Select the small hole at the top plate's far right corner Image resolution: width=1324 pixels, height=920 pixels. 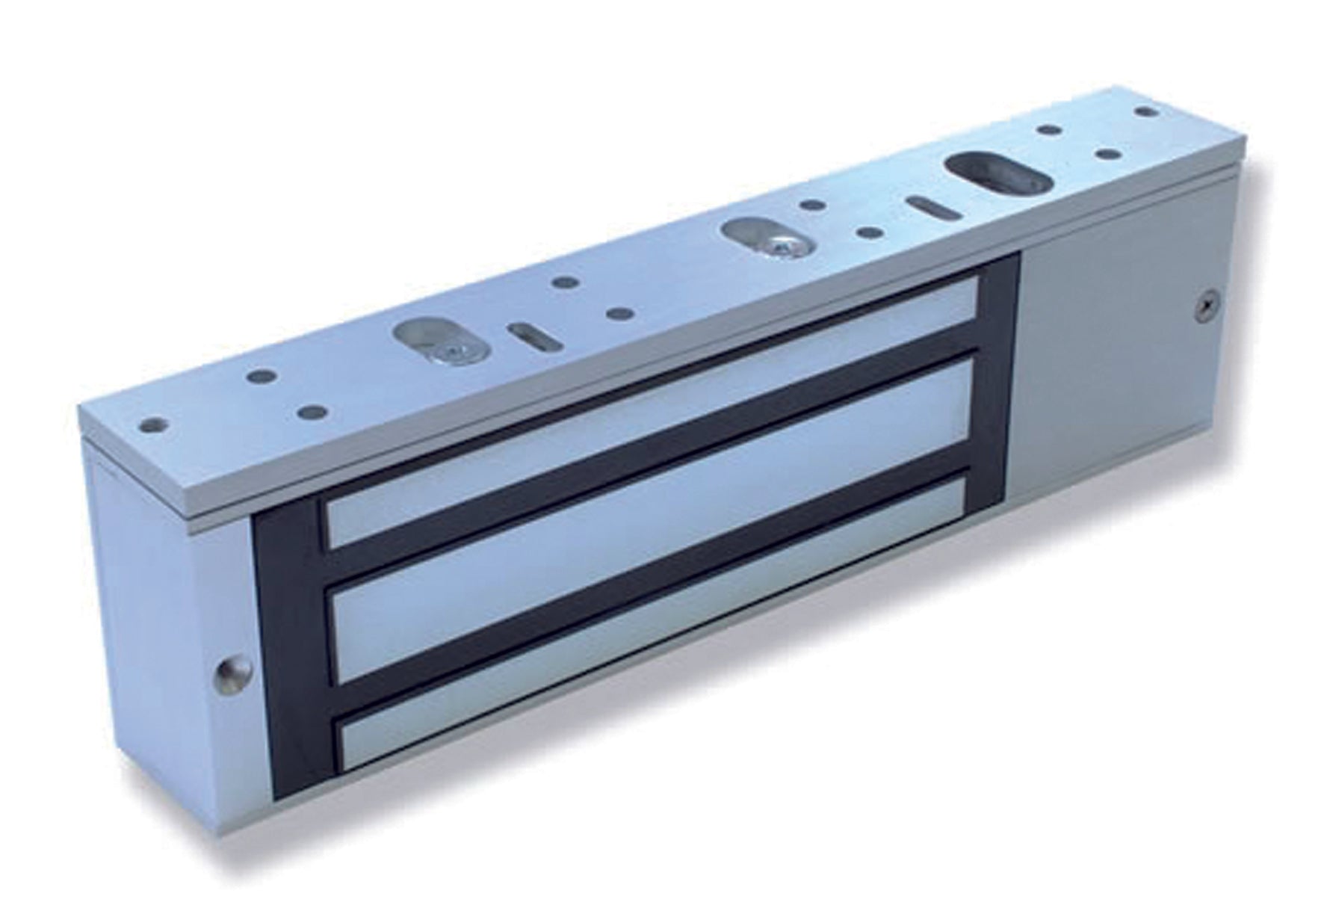[x=1142, y=111]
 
